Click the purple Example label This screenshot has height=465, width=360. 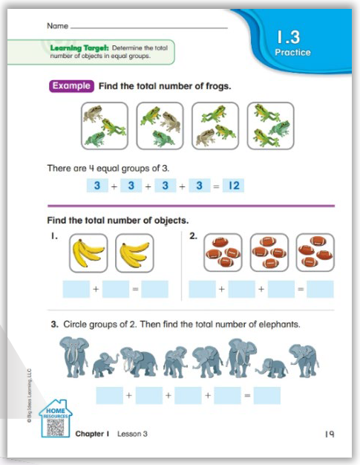point(72,86)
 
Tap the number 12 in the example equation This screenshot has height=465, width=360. point(232,186)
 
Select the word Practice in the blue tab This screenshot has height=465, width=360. point(292,53)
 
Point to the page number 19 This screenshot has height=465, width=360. point(329,434)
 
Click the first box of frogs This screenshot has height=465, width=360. point(103,126)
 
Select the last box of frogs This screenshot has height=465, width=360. point(270,126)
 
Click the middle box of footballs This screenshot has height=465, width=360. point(269,253)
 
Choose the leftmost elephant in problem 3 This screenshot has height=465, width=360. point(76,357)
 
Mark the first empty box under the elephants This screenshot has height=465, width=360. point(109,395)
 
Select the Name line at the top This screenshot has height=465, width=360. point(148,27)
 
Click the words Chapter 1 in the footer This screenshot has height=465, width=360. point(94,434)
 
